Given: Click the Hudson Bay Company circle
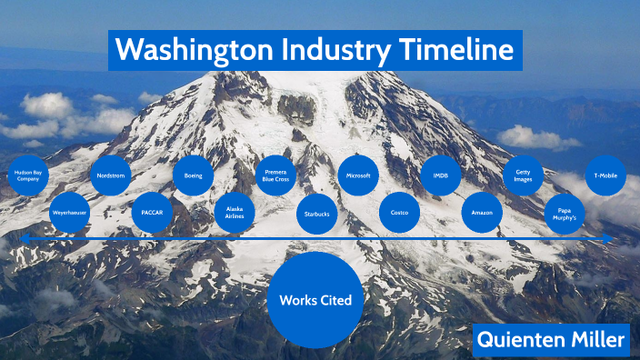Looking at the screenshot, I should click(27, 176).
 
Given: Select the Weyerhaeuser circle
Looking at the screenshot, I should click(69, 212).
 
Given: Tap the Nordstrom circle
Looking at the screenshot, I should click(110, 175).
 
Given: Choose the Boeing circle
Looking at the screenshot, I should click(193, 175).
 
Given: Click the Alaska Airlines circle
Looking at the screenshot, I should click(235, 212).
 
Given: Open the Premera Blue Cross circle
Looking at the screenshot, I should click(275, 175).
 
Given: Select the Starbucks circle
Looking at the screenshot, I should click(317, 213).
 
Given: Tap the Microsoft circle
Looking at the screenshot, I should click(358, 175).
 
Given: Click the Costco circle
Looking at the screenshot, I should click(399, 213).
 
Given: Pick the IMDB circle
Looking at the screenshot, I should click(441, 175).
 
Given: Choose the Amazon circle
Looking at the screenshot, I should click(482, 213).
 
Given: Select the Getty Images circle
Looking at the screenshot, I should click(524, 175).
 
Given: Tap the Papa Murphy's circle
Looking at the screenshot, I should click(565, 214).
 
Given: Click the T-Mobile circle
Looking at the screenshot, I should click(605, 175).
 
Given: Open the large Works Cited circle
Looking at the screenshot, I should click(315, 300).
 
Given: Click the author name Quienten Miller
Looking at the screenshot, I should click(551, 340).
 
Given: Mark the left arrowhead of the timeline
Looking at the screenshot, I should click(25, 239).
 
